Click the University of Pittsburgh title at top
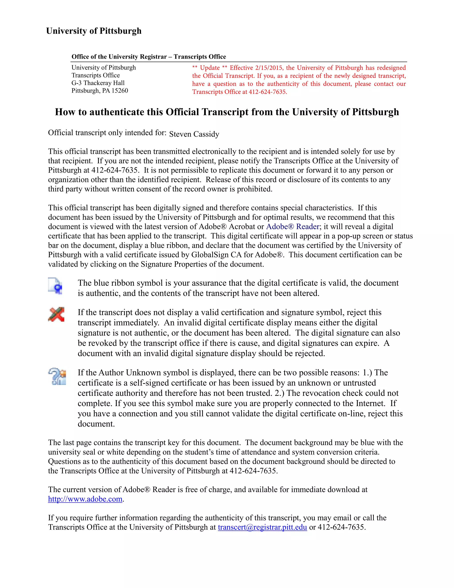(94, 31)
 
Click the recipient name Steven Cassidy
(194, 134)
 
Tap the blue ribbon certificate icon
(56, 286)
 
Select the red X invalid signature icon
(56, 314)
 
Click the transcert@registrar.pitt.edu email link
(262, 527)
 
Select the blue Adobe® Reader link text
(292, 227)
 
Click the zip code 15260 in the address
(120, 91)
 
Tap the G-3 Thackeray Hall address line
(98, 83)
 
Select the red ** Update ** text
(210, 68)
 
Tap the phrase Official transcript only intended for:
(107, 133)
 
